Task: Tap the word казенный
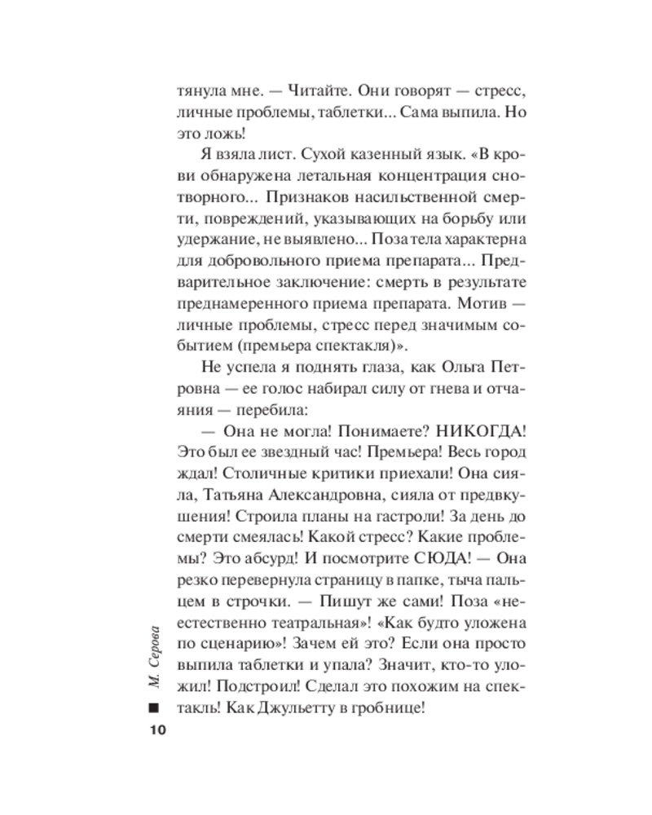328,153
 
